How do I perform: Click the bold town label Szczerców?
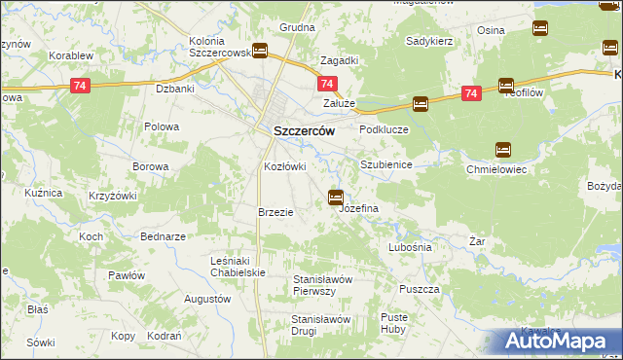(300, 130)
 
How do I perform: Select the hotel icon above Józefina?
(336, 198)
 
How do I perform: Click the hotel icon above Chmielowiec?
(503, 149)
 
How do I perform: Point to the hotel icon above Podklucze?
(420, 103)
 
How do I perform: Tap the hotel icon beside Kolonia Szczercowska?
(260, 52)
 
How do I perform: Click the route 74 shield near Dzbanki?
(82, 86)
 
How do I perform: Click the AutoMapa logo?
(561, 342)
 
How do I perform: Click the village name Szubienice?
(386, 165)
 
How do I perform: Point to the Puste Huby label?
(394, 323)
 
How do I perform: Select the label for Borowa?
(151, 166)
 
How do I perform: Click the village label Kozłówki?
(285, 166)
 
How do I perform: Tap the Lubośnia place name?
(409, 247)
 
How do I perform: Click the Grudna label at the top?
(297, 27)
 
